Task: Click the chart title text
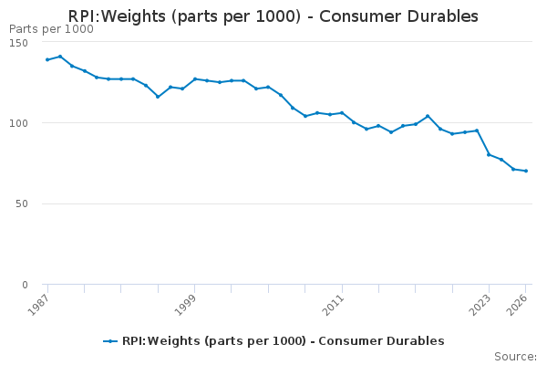point(273,16)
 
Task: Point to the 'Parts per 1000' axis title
point(51,29)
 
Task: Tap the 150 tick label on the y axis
point(27,42)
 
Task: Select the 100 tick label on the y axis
point(27,123)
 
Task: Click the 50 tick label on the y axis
point(31,203)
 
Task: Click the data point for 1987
point(47,59)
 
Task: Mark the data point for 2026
point(526,171)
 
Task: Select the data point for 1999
point(194,78)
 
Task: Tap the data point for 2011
point(342,112)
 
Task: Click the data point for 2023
point(489,154)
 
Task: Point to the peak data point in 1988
point(59,57)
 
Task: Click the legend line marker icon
point(110,341)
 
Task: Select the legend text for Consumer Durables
point(283,341)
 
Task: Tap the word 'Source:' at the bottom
point(515,356)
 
